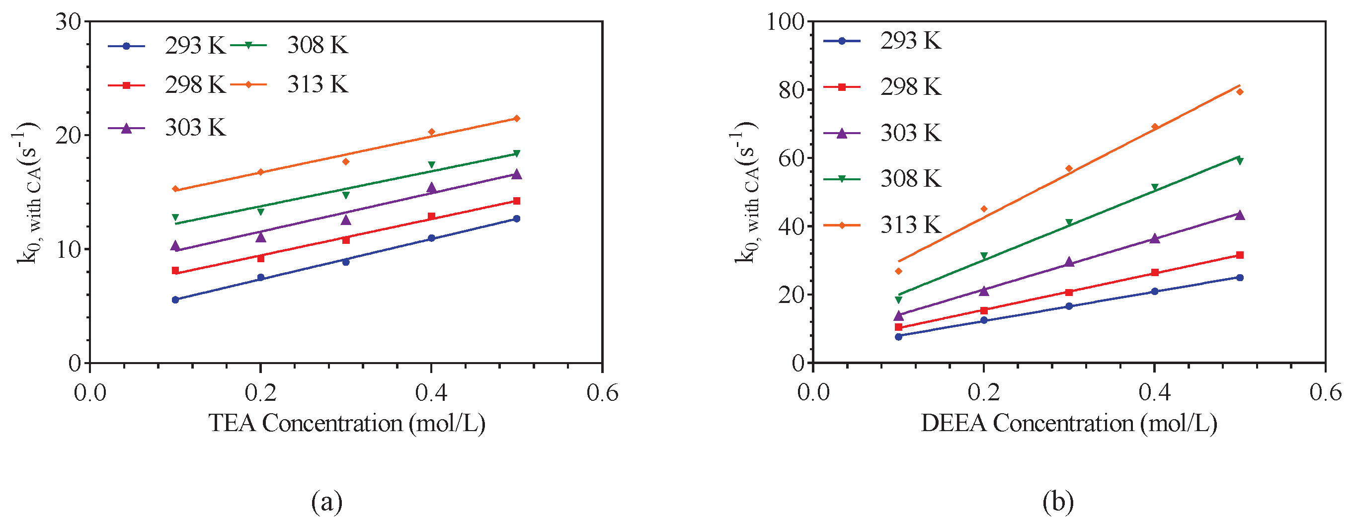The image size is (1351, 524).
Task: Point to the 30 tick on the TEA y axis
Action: tap(69, 21)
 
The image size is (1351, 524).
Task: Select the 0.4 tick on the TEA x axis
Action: tap(431, 392)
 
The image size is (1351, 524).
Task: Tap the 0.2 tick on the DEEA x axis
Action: tap(983, 392)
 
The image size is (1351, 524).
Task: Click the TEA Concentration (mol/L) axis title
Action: tap(347, 423)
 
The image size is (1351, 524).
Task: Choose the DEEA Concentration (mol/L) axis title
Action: tap(1069, 423)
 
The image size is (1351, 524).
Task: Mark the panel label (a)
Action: tap(327, 502)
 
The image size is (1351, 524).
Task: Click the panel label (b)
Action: tap(1058, 502)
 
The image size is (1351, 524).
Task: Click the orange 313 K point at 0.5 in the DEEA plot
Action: tap(1240, 92)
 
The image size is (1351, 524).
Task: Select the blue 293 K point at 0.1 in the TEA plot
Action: tap(176, 299)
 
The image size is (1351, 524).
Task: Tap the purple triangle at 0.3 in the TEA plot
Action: tap(346, 220)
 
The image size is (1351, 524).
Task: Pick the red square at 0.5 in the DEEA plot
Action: tap(1240, 255)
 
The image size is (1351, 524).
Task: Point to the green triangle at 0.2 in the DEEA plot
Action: tap(984, 256)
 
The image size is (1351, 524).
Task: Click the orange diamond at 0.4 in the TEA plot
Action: tap(432, 132)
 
